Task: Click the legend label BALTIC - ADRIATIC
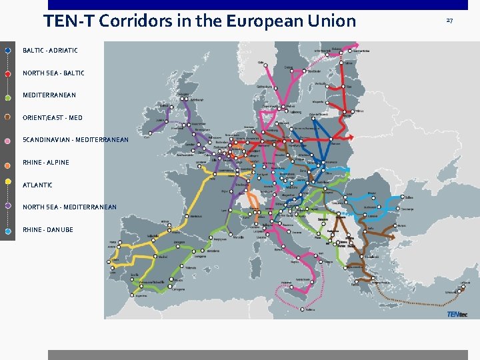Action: tap(50, 51)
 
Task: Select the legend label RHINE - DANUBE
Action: tap(48, 229)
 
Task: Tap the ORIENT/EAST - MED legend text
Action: tap(53, 118)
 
